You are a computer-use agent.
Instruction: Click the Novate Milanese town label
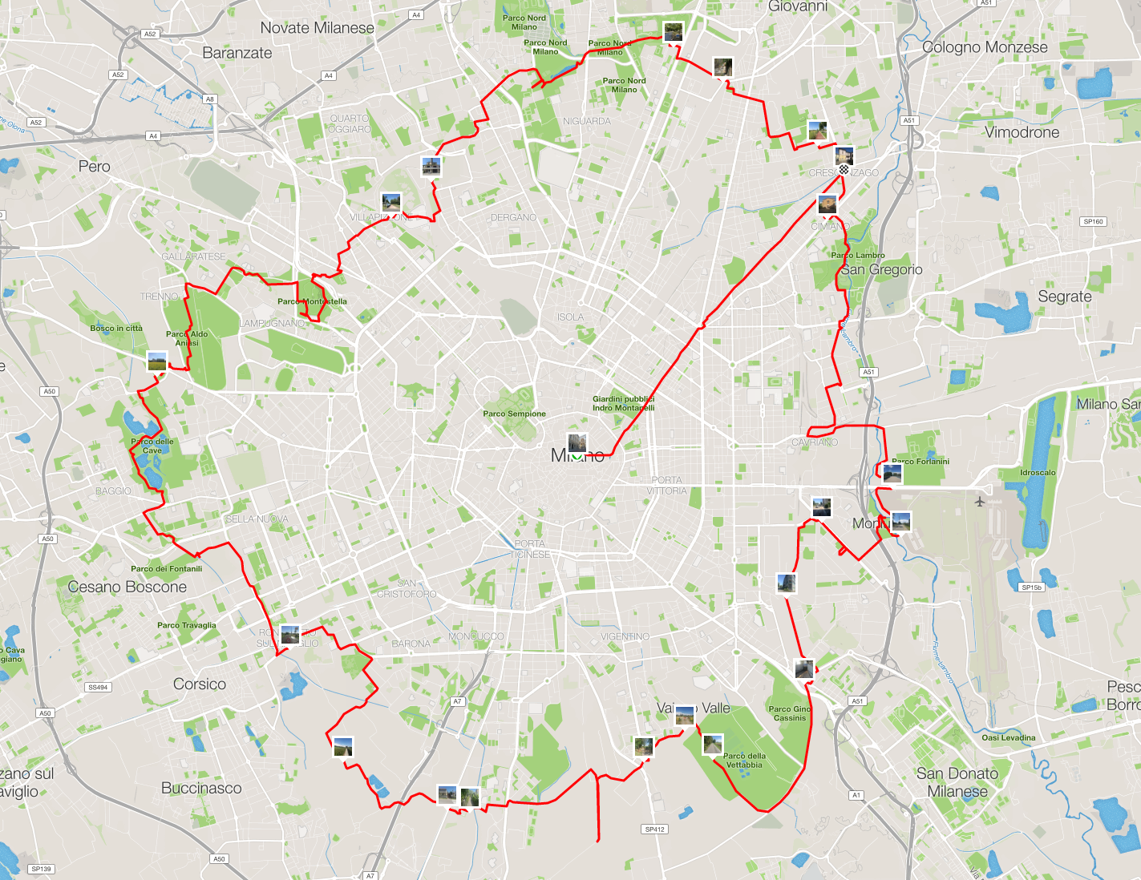[x=317, y=28]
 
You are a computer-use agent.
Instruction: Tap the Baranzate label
[x=237, y=53]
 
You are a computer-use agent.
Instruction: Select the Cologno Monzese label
[x=985, y=47]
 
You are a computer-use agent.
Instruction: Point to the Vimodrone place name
[x=1022, y=132]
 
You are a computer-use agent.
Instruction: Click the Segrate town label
[x=1065, y=297]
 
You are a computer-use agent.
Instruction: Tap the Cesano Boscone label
[x=127, y=587]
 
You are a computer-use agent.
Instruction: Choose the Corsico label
[x=200, y=684]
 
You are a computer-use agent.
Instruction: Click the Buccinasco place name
[x=201, y=788]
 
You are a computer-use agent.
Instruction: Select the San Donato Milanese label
[x=957, y=782]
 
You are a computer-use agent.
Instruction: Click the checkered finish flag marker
[x=844, y=170]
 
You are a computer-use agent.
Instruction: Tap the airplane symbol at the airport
[x=980, y=502]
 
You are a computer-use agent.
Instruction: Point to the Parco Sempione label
[x=514, y=414]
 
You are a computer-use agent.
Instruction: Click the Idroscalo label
[x=1038, y=472]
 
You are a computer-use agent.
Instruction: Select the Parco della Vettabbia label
[x=744, y=760]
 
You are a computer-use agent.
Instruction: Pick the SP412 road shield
[x=655, y=830]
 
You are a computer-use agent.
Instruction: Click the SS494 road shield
[x=98, y=687]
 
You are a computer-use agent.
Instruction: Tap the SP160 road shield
[x=1093, y=221]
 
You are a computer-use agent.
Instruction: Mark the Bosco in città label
[x=116, y=328]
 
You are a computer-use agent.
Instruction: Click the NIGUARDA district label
[x=587, y=121]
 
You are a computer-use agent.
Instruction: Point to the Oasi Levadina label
[x=1009, y=737]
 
